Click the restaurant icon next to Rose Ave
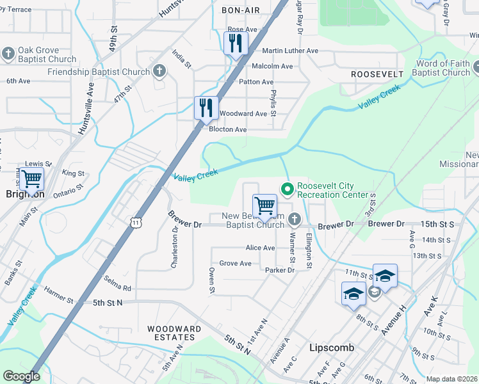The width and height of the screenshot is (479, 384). click(x=236, y=43)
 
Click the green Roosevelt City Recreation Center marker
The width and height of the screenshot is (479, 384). click(x=288, y=189)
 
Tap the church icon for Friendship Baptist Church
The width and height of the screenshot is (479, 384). click(x=159, y=72)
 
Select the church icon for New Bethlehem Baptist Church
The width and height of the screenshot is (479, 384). click(x=294, y=220)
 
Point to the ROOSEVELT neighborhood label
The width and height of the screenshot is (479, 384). click(x=377, y=74)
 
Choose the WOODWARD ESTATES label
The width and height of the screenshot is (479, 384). click(x=174, y=333)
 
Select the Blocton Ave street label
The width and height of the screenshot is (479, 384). click(x=228, y=129)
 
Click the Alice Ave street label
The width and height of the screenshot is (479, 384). click(x=260, y=248)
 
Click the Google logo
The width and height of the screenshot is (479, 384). click(x=21, y=376)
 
